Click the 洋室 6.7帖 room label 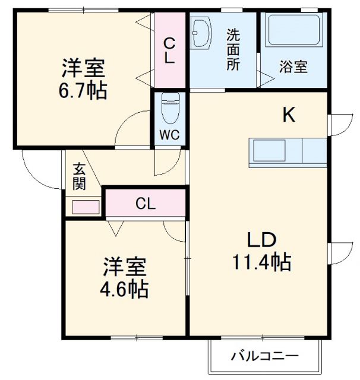[x=84, y=80]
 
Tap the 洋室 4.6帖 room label [x=124, y=278]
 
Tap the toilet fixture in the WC [x=170, y=107]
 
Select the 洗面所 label [x=232, y=50]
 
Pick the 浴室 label [x=293, y=66]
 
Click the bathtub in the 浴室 [x=293, y=31]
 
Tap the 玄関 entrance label [x=80, y=176]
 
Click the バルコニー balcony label [x=264, y=356]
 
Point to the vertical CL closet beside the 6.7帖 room [x=169, y=50]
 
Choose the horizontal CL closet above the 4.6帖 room [x=146, y=204]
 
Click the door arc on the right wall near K [x=339, y=125]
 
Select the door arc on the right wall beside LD [x=339, y=254]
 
